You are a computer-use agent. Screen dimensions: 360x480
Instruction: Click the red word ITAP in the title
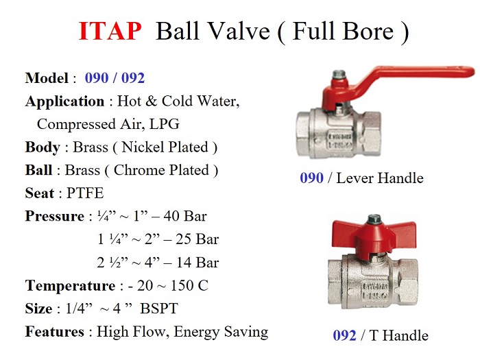coord(110,32)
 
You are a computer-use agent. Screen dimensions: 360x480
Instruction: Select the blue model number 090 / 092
coord(115,78)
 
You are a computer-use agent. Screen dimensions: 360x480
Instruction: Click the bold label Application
coord(64,101)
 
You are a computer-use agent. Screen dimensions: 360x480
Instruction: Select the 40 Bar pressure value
coord(184,217)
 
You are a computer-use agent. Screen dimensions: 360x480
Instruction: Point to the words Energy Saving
coord(221,332)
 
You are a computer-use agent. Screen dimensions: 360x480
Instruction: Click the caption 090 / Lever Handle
coord(361,178)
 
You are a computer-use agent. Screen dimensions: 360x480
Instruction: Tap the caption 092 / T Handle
coord(380,335)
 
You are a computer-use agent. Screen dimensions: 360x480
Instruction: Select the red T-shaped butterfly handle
coord(370,234)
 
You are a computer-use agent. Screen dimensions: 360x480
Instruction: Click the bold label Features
coord(56,332)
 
